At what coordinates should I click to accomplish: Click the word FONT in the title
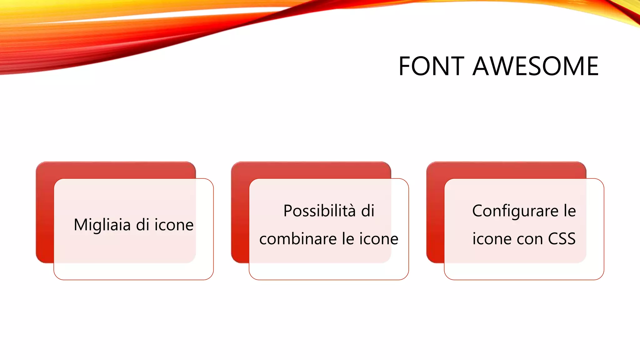pos(431,66)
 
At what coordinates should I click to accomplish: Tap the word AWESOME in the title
pos(536,66)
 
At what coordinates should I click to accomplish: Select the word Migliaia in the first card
pos(102,225)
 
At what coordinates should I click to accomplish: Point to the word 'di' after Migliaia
pos(142,225)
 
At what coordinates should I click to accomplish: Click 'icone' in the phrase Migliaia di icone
pos(174,225)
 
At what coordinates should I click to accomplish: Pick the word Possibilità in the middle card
pos(319,211)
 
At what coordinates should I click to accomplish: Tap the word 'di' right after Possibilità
pos(368,211)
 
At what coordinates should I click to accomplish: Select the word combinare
pos(298,239)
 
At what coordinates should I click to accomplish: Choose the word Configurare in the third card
pos(515,211)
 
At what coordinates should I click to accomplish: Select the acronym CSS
pos(562,239)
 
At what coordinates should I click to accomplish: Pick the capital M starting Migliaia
pos(80,225)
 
